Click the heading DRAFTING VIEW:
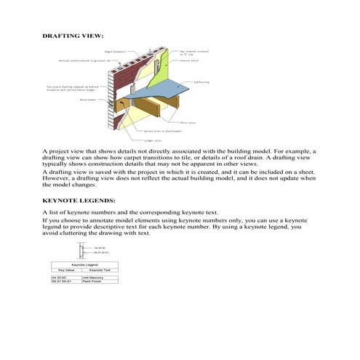pos(73,35)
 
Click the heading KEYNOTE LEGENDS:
pos(79,199)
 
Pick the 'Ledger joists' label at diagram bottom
pos(153,140)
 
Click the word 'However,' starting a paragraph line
pos(57,177)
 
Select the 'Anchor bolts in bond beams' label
pos(158,131)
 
